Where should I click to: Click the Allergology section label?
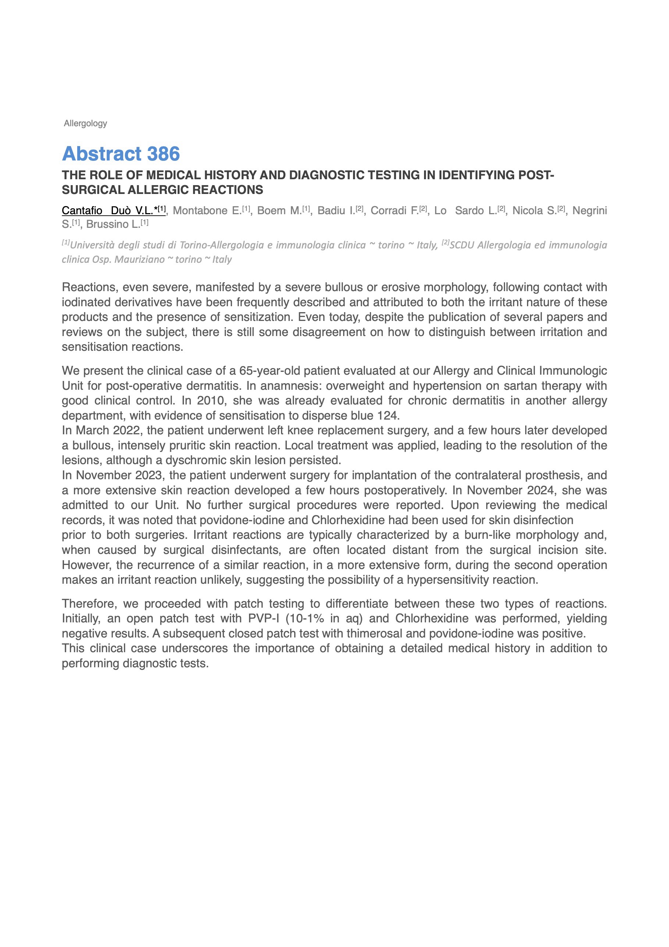tap(85, 123)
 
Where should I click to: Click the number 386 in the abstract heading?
tap(163, 154)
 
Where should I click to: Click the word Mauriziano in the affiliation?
tap(141, 259)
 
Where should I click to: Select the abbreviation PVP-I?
tap(263, 618)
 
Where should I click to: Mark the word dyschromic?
tap(193, 460)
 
